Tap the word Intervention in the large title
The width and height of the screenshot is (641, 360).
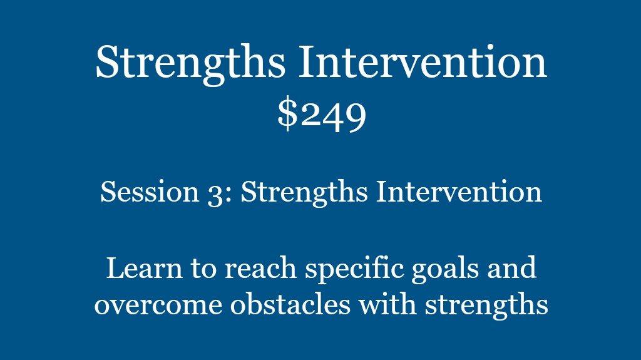coord(423,61)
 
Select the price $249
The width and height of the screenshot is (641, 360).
coord(321,115)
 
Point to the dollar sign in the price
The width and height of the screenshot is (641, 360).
coord(287,114)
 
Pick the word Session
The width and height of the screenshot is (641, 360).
coord(150,192)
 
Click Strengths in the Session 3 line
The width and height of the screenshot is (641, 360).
coord(304,193)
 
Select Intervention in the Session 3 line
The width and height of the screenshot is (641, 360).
coord(459,192)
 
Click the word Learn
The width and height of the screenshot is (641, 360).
coord(145,269)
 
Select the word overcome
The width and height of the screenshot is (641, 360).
coord(158,306)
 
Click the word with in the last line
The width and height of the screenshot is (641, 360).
coord(387,304)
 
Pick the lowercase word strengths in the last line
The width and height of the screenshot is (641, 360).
coord(486,306)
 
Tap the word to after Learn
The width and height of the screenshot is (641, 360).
coord(203,269)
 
